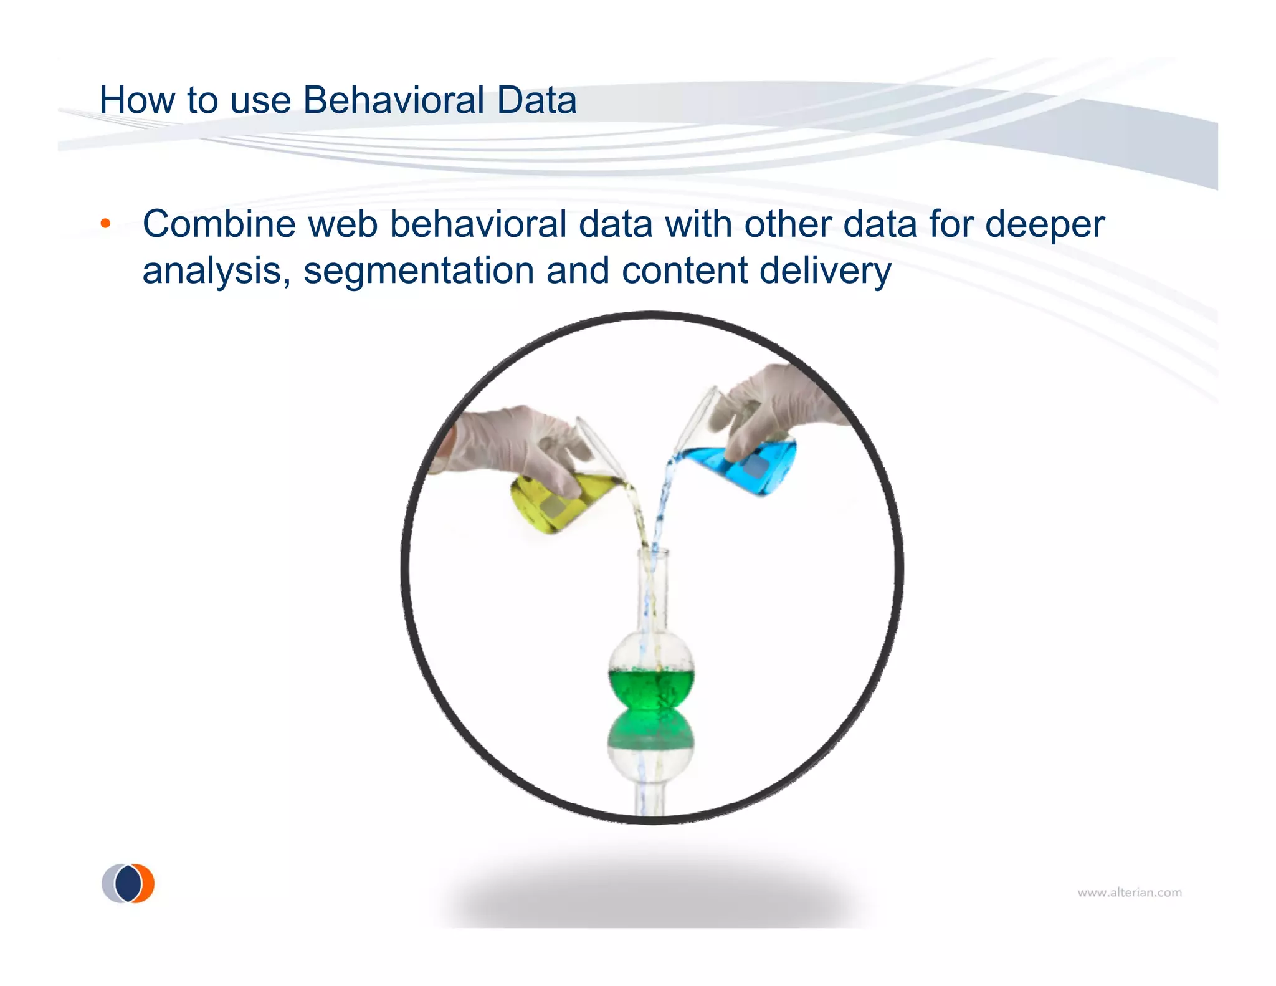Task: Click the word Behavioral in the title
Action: pos(393,100)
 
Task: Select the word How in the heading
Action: pos(128,100)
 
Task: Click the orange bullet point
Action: pos(106,224)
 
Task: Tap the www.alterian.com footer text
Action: pos(1129,893)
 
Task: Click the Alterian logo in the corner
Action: pos(128,883)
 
